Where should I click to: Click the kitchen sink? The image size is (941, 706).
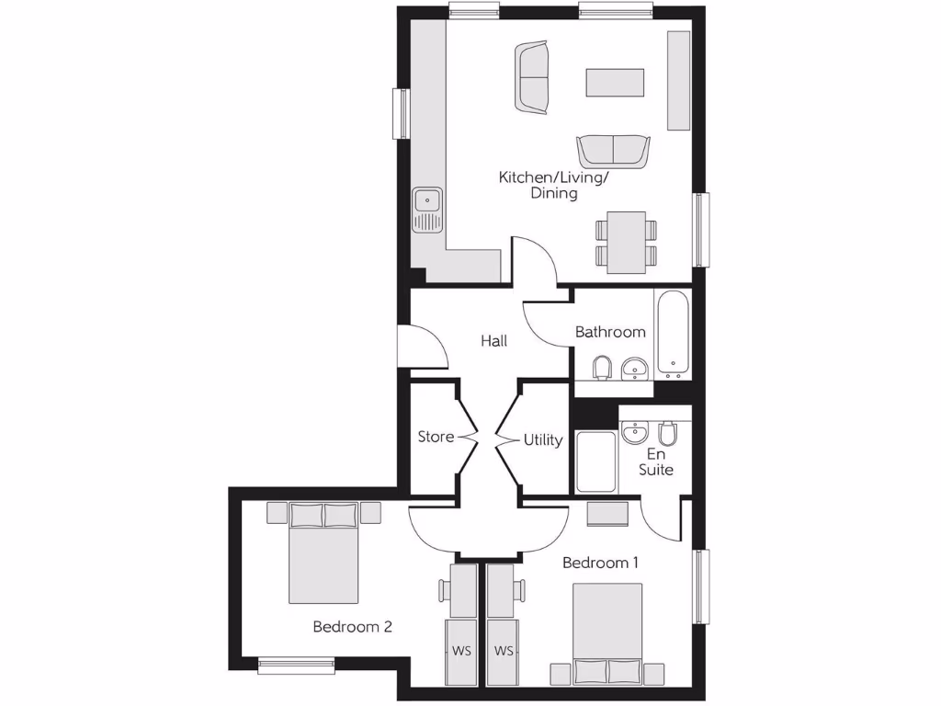pyautogui.click(x=428, y=210)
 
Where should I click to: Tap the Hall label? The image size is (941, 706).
pyautogui.click(x=494, y=341)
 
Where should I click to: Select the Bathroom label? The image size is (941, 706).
pyautogui.click(x=610, y=332)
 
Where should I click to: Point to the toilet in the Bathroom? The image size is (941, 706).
pyautogui.click(x=603, y=368)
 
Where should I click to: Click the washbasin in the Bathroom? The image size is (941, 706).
pyautogui.click(x=635, y=370)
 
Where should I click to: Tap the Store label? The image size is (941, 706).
pyautogui.click(x=436, y=437)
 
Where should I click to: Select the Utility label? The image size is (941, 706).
pyautogui.click(x=543, y=440)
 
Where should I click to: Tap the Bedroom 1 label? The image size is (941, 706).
pyautogui.click(x=601, y=563)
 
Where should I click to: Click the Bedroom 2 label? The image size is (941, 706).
pyautogui.click(x=353, y=627)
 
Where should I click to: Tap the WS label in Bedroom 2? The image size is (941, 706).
pyautogui.click(x=461, y=651)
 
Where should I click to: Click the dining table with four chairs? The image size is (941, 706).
pyautogui.click(x=626, y=242)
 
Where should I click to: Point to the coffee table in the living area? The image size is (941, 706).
pyautogui.click(x=617, y=83)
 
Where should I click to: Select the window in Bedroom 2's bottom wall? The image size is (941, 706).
pyautogui.click(x=296, y=664)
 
